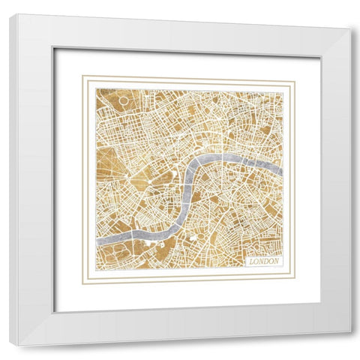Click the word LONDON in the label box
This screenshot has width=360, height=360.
point(264,261)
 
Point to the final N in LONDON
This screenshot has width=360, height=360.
point(277,261)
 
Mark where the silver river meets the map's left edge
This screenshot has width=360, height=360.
point(97,238)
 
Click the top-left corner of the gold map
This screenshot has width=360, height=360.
point(96,89)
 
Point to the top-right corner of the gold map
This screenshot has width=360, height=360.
point(283,90)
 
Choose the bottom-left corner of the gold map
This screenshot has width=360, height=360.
point(96,268)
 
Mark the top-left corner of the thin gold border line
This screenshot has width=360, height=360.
point(83,76)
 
